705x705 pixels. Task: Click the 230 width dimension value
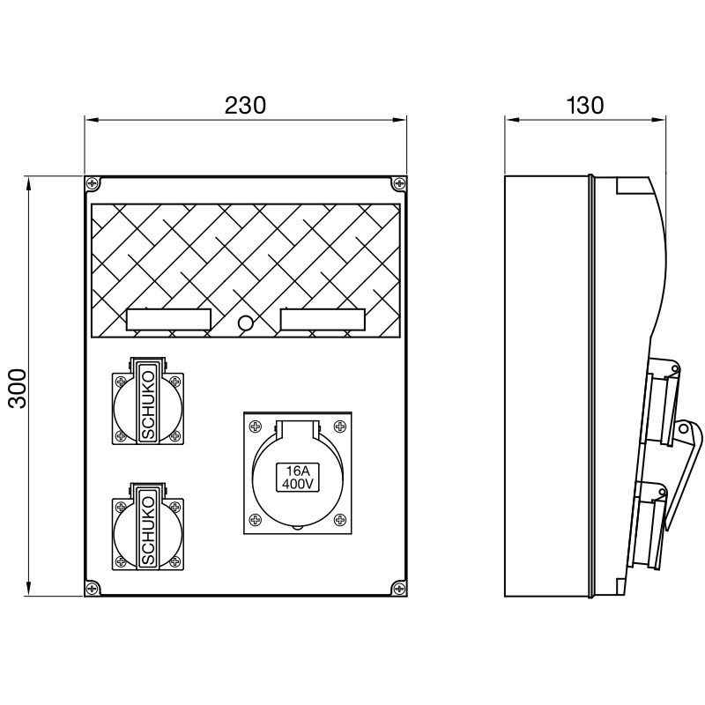click(245, 106)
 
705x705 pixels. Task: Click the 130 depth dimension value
click(584, 106)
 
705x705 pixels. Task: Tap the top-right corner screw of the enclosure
click(399, 184)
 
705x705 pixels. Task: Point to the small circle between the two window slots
click(246, 323)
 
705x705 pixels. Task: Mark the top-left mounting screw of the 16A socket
click(255, 427)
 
